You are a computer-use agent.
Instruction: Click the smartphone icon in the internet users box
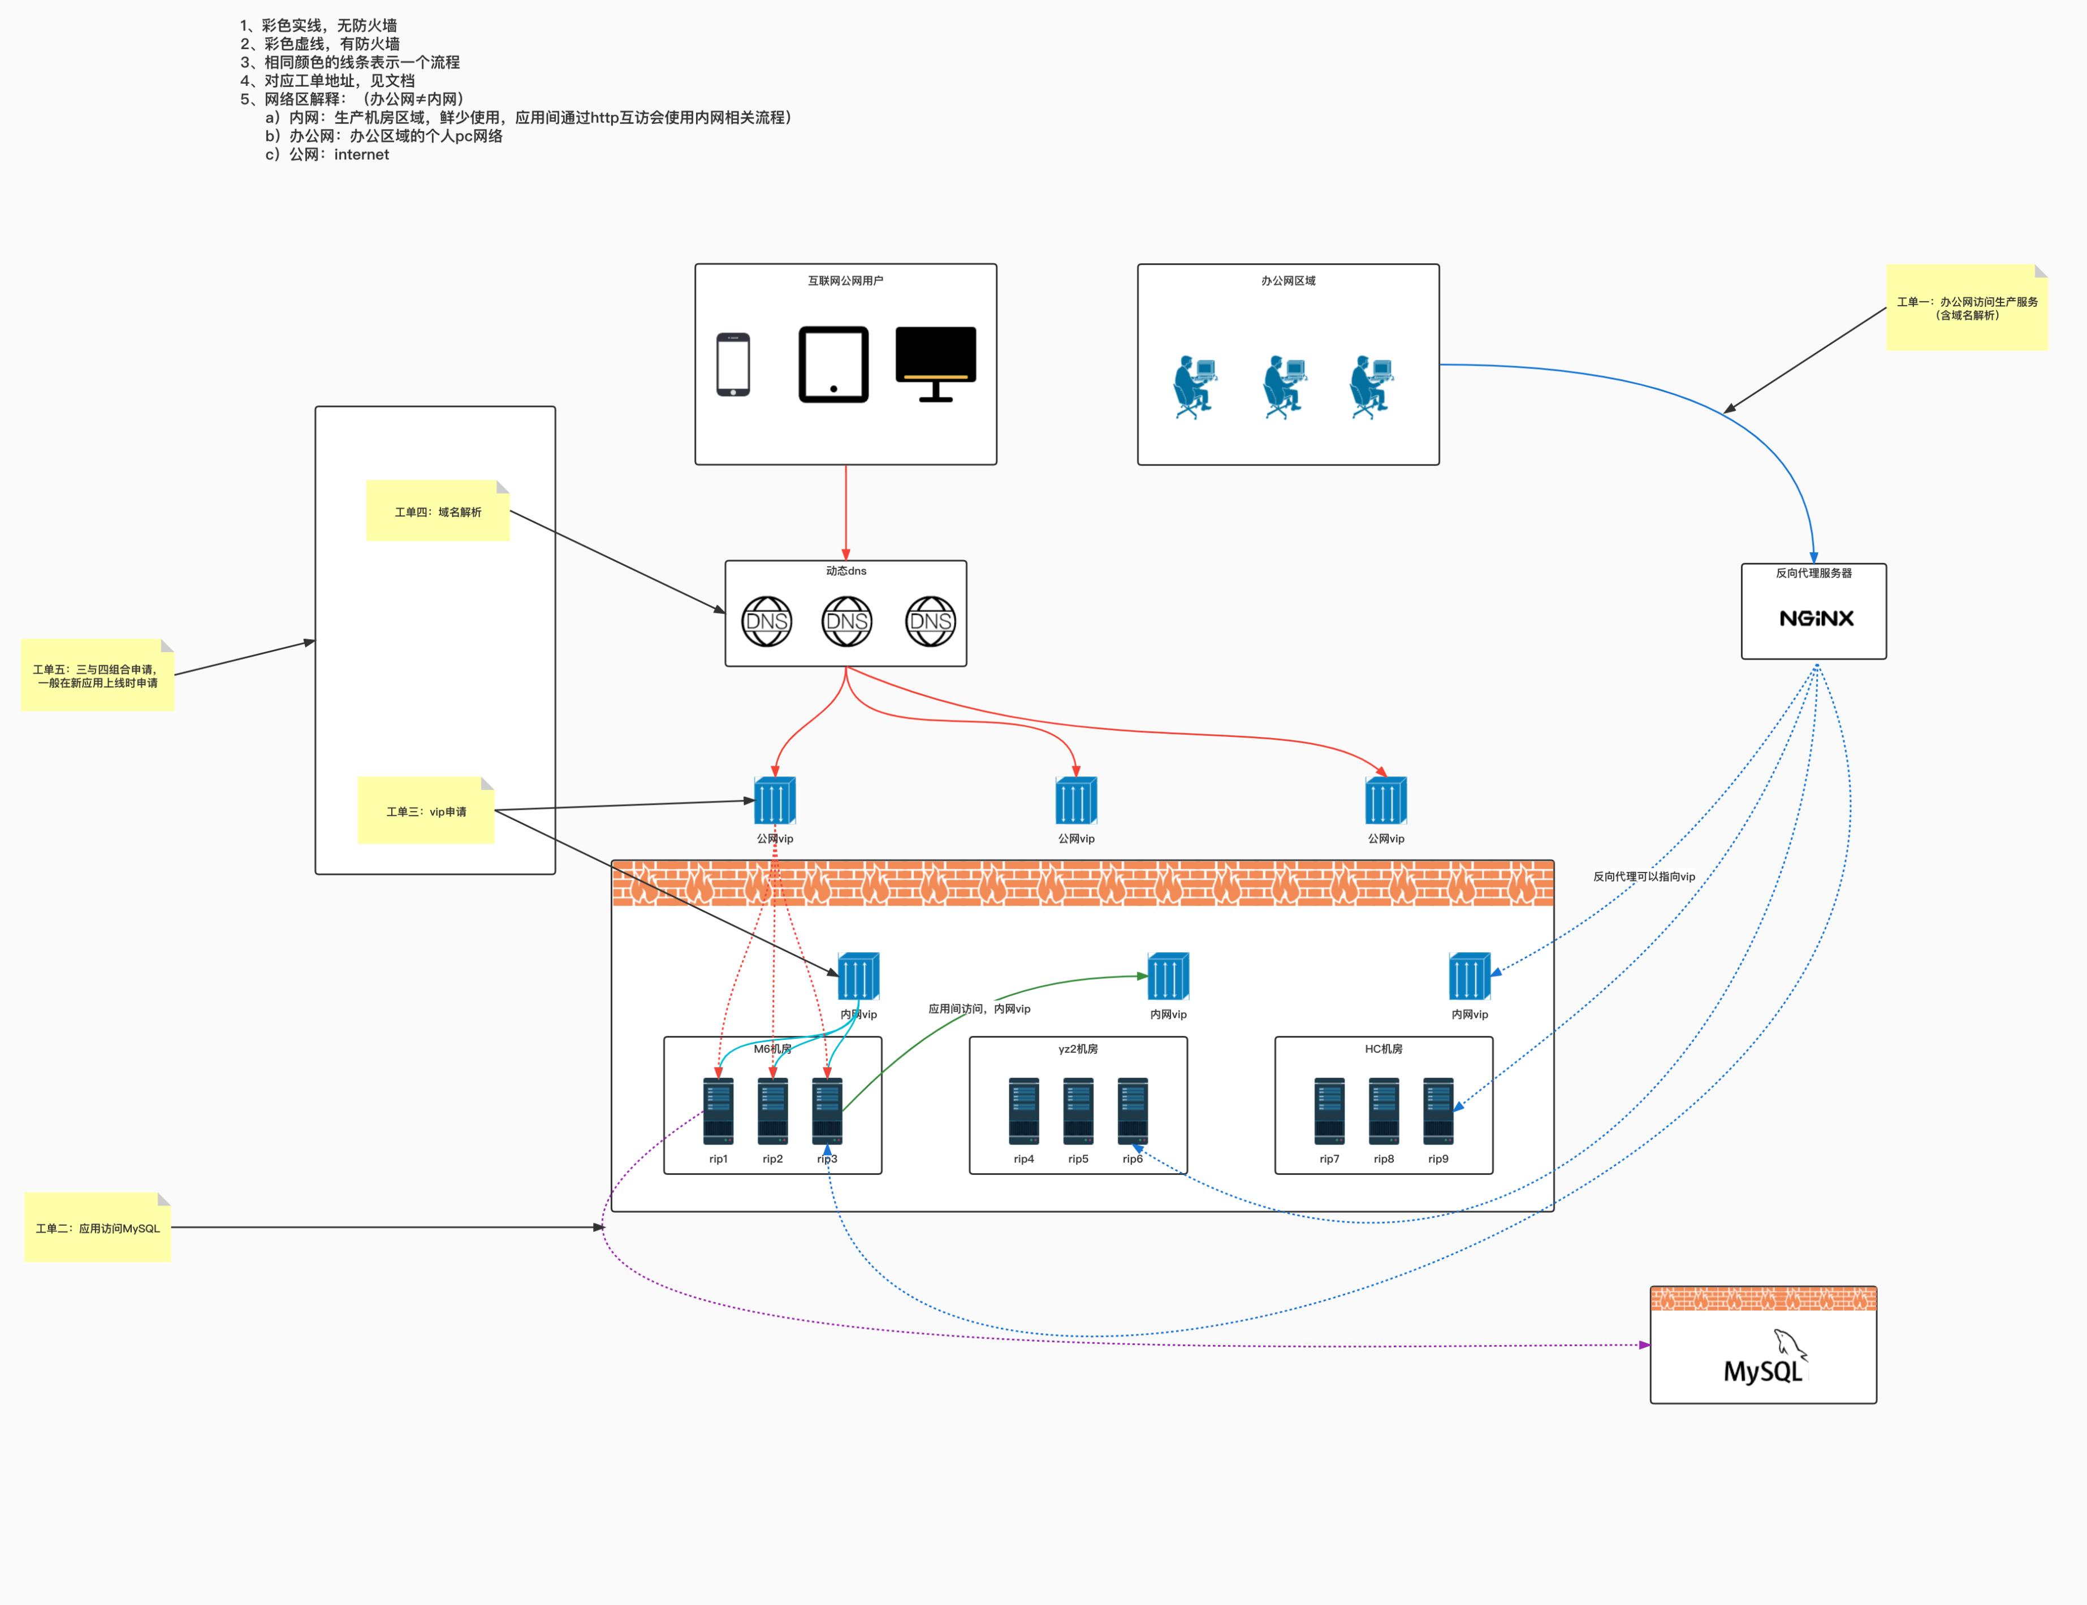733,364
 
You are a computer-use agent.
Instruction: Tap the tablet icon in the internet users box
833,364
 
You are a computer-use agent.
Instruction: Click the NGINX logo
1816,618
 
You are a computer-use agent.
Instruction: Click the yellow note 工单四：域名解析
438,512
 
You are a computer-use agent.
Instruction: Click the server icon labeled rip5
1078,1111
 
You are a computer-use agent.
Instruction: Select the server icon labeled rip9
1438,1111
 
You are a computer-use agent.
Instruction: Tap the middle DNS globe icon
846,622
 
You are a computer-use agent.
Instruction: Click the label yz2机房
1078,1049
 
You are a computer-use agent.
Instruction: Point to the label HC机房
1384,1049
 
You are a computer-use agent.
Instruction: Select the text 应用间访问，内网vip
979,1009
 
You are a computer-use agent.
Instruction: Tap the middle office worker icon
1284,388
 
